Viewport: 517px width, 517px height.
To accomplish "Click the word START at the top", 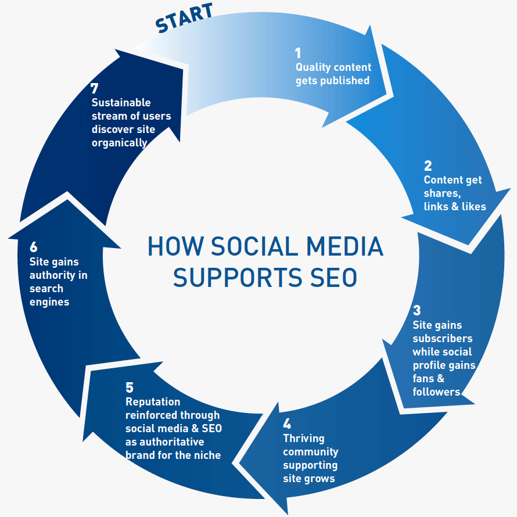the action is pos(184,17).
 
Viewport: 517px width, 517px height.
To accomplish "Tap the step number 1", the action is pos(298,53).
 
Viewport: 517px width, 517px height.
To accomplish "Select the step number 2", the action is pos(428,166).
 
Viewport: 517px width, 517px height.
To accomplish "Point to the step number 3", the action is pos(417,310).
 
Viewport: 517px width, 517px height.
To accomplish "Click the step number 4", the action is pos(287,423).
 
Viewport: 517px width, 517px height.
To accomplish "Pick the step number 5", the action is pos(130,387).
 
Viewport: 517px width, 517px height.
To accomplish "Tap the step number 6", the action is pos(33,247).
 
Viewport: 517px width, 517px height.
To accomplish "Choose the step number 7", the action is pos(94,88).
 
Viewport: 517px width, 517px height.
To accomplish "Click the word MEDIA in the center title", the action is pos(344,246).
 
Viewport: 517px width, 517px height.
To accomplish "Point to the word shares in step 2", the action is pos(442,193).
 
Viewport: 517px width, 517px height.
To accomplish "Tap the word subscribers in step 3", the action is pos(443,339).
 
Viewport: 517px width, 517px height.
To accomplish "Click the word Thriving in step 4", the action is pos(304,439).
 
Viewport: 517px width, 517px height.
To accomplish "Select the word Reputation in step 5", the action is pos(153,402).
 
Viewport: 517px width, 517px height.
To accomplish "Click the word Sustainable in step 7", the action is pos(121,103).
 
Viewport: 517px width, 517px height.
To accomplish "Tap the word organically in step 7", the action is pos(119,143).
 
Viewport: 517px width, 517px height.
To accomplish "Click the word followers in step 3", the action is pos(436,392).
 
